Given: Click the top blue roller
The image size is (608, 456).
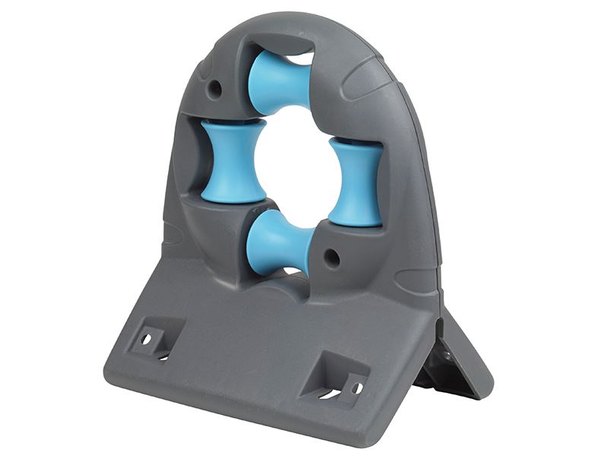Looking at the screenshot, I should [279, 82].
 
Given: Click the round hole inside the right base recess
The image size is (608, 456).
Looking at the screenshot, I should [355, 388].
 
